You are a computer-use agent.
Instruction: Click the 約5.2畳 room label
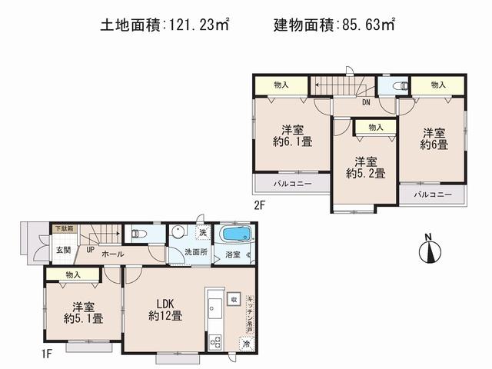click(365, 168)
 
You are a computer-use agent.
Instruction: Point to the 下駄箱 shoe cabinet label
click(64, 228)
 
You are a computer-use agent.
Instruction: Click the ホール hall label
click(114, 253)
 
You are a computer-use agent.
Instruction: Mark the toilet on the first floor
click(138, 233)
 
